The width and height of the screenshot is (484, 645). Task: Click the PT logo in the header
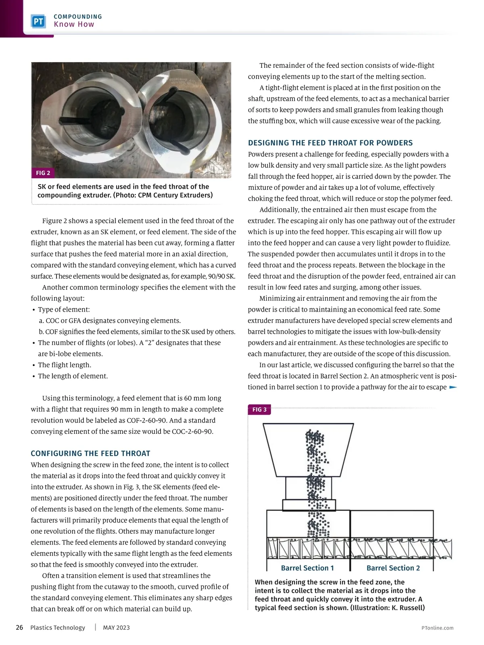[38, 21]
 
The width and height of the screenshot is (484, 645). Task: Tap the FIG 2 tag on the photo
[43, 173]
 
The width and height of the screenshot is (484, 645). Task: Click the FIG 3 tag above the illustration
[259, 410]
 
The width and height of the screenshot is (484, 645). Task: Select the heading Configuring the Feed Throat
[90, 453]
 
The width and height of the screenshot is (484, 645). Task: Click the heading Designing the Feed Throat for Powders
[330, 143]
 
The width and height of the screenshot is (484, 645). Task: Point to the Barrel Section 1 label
[307, 568]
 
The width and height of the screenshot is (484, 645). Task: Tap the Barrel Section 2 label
[393, 568]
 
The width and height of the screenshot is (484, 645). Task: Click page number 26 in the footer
[19, 628]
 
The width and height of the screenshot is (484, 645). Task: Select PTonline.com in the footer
[437, 628]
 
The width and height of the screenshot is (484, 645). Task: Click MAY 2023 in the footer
[116, 628]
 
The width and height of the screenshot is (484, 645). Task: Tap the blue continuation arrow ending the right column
[453, 387]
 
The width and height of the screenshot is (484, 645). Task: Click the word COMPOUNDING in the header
[78, 17]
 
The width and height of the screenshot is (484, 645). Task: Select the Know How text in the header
[74, 24]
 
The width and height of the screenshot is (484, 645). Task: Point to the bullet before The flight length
[33, 365]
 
